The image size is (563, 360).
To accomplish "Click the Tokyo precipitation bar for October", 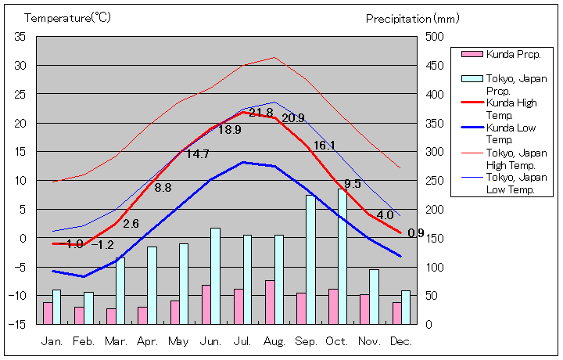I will (342, 256).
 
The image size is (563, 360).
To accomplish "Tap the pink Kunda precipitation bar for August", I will (270, 302).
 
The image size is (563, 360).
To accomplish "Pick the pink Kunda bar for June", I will (206, 304).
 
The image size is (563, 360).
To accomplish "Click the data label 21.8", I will (261, 113).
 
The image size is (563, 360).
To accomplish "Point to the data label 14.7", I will (197, 154).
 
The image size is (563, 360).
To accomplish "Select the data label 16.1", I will (325, 146).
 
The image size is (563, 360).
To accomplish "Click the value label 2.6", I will (131, 224).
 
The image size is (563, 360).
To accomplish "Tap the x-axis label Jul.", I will (244, 342).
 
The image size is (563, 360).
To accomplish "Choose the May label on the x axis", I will (179, 342).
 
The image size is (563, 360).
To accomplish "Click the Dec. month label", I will (402, 342).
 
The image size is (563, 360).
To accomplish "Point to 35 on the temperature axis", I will (20, 37).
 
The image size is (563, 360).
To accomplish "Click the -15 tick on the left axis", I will (18, 324).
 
